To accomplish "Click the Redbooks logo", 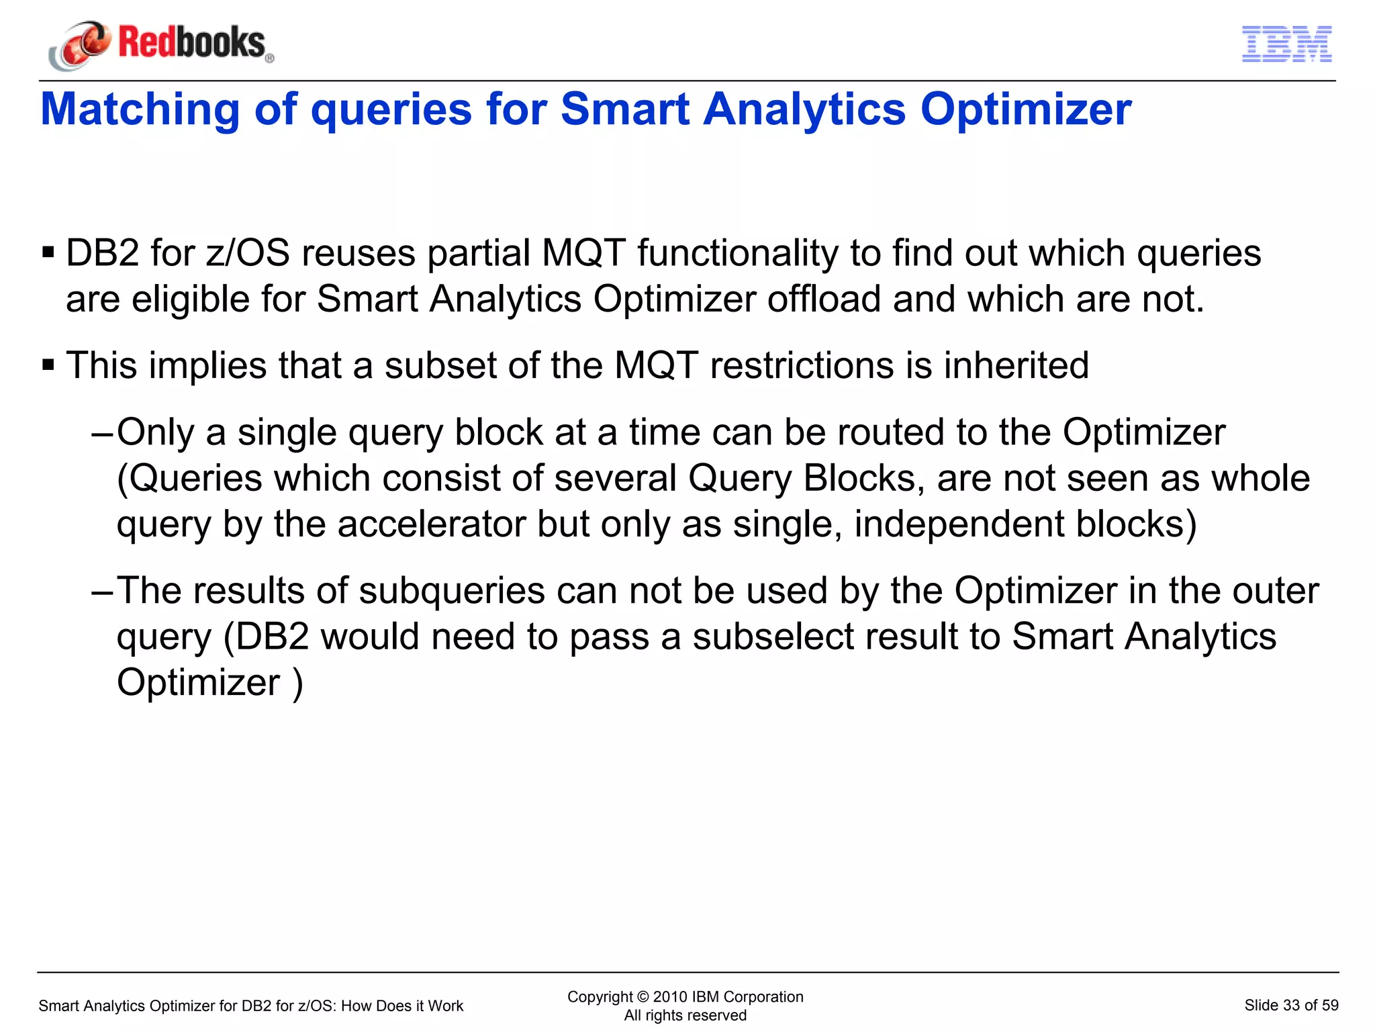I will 161,44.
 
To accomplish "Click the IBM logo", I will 1286,44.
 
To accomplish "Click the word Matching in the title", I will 140,109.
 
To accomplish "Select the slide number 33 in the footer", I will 1291,1005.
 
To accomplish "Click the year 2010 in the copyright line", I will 670,996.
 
